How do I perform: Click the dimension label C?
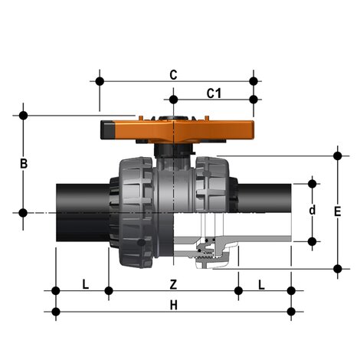point(173,74)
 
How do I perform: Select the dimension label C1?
point(214,93)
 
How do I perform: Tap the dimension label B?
point(24,164)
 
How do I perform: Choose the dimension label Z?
point(173,284)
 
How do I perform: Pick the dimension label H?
point(173,305)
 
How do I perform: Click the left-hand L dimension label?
point(85,284)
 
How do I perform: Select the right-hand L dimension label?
point(261,284)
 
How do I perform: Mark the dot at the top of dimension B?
point(24,116)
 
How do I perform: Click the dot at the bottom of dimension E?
point(338,268)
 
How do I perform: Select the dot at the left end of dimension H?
point(56,311)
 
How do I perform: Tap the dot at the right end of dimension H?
point(291,311)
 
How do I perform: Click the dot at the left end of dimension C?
point(100,80)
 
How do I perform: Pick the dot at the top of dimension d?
point(312,183)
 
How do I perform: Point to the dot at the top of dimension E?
point(338,155)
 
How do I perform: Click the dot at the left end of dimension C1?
point(174,99)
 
